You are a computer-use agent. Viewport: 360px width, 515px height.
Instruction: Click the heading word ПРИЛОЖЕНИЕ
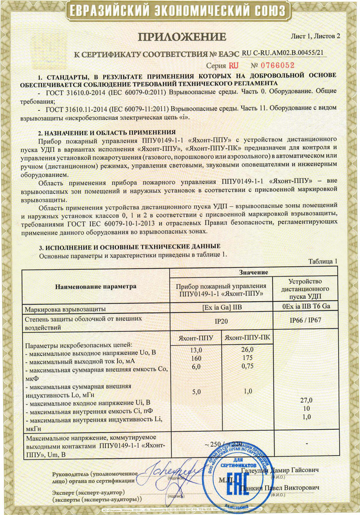point(182,37)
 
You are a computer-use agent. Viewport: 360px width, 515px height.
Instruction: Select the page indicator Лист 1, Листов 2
point(315,36)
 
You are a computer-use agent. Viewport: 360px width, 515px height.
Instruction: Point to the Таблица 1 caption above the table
point(323,261)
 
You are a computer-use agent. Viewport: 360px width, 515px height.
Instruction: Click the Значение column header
point(253,272)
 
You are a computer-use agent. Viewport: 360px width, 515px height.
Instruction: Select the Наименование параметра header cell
point(96,287)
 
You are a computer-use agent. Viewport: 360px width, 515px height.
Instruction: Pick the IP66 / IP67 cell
point(305,320)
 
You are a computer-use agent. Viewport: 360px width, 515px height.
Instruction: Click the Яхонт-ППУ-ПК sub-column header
point(247,338)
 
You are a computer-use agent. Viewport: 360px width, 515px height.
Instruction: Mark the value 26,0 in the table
point(247,349)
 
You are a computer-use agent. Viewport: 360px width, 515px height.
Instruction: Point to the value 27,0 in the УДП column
point(307,400)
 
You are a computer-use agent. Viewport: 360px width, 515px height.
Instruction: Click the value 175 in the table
point(247,358)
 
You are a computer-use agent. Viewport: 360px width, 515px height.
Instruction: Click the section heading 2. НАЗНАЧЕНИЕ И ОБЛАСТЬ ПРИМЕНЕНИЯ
point(107,132)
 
